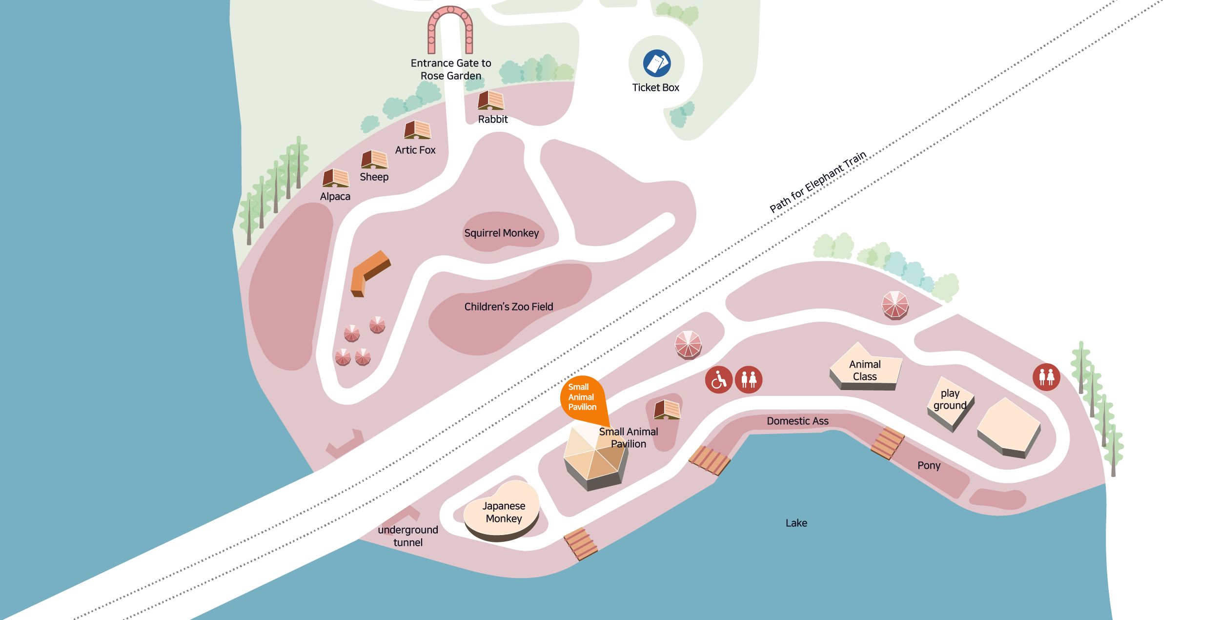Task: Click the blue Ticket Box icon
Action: click(657, 63)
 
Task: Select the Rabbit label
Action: click(493, 119)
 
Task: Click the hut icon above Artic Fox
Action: click(417, 130)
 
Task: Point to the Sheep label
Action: click(374, 177)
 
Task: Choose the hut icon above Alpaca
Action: click(336, 178)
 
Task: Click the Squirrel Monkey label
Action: click(502, 233)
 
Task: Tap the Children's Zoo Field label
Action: click(508, 307)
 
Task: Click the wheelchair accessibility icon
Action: click(719, 380)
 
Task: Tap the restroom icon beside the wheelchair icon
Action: click(749, 380)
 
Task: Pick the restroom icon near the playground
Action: click(1046, 377)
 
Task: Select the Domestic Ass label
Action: click(797, 421)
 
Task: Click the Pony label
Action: click(929, 465)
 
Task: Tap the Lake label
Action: click(796, 523)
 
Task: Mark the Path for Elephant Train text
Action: click(818, 182)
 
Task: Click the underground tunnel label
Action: click(408, 536)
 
